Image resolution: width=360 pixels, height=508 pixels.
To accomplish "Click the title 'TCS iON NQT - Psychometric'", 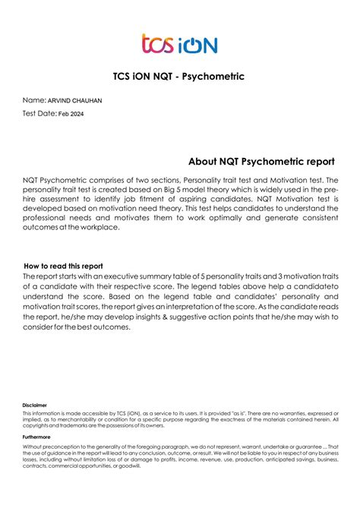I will [179, 76].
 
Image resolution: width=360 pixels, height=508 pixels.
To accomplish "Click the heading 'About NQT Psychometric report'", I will [261, 162].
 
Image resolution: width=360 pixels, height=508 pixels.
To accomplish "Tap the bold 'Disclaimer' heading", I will [35, 405].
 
